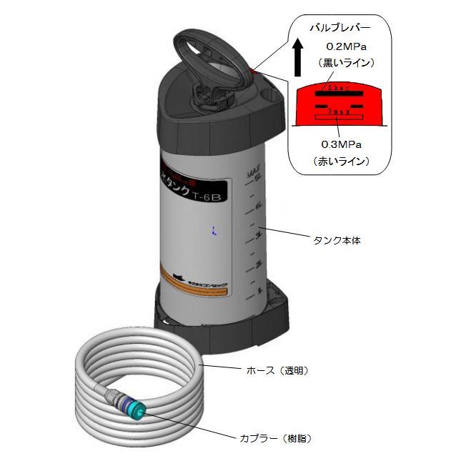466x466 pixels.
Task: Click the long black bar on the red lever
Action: (340, 93)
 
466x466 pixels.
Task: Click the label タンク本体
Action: (337, 241)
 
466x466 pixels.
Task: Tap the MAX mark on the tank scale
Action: (252, 172)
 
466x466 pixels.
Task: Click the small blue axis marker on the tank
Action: (214, 230)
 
